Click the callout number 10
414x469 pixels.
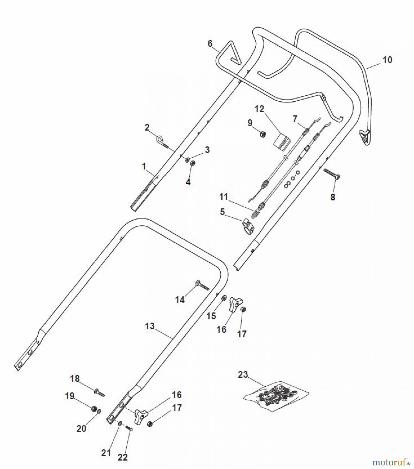387,60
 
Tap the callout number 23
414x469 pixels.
243,375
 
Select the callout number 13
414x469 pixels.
150,326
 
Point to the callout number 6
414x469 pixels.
210,43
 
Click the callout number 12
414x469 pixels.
259,109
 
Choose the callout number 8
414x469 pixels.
333,197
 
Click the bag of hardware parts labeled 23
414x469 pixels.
276,393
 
